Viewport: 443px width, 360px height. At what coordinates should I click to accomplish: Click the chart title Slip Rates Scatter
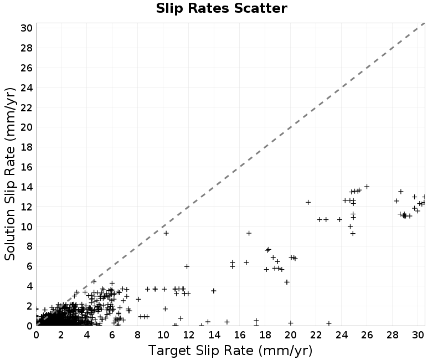click(221, 8)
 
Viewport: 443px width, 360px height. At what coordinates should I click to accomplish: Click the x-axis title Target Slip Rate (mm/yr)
click(230, 351)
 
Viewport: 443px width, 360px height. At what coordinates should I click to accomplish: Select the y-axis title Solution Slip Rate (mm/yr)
click(10, 174)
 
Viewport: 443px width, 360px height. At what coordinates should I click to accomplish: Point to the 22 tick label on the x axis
click(316, 335)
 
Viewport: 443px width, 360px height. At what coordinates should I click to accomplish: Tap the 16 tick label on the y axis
click(27, 167)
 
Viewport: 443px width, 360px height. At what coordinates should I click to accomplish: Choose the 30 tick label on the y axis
click(27, 28)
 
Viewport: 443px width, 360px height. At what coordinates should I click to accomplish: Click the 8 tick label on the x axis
click(137, 335)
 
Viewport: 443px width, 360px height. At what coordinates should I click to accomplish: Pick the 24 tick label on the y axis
click(27, 88)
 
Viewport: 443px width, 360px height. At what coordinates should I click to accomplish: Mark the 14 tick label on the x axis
click(214, 335)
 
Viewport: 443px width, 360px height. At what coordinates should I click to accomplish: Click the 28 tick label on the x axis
click(393, 335)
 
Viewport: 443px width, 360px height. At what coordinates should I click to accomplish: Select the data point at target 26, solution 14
click(367, 187)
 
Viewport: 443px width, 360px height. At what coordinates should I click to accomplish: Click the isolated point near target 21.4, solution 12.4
click(308, 202)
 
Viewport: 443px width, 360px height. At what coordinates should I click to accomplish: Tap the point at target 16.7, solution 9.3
click(249, 233)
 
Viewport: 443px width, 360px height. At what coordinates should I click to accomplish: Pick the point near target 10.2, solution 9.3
click(166, 233)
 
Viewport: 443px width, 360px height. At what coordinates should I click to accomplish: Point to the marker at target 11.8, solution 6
click(187, 266)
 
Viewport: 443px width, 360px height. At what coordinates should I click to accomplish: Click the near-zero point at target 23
click(328, 323)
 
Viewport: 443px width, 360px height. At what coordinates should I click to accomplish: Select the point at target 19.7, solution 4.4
click(287, 282)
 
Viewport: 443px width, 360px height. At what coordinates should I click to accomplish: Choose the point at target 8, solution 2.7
click(138, 299)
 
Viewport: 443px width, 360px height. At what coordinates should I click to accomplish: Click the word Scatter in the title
click(260, 8)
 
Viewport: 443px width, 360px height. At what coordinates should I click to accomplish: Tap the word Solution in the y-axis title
click(10, 234)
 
